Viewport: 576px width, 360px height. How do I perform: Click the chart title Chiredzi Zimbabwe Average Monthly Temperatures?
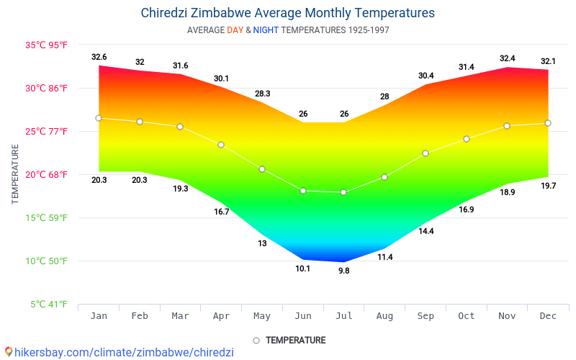pyautogui.click(x=288, y=13)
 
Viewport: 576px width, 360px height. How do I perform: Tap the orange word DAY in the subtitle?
pyautogui.click(x=235, y=30)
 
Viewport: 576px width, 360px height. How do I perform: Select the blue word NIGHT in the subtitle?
pyautogui.click(x=266, y=30)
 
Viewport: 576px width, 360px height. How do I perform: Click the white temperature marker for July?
pyautogui.click(x=343, y=192)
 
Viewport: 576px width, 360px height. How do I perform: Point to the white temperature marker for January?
pyautogui.click(x=99, y=118)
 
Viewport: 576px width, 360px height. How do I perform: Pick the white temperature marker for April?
pyautogui.click(x=221, y=145)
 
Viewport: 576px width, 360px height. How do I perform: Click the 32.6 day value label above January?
pyautogui.click(x=99, y=57)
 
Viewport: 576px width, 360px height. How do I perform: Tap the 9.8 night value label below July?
pyautogui.click(x=343, y=271)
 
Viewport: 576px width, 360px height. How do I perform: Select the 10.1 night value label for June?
pyautogui.click(x=302, y=269)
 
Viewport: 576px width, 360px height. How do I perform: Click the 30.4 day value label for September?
pyautogui.click(x=426, y=76)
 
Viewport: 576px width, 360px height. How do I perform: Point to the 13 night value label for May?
pyautogui.click(x=262, y=243)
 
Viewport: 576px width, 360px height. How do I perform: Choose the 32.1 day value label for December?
pyautogui.click(x=548, y=61)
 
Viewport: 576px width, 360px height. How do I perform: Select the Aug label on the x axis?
pyautogui.click(x=384, y=316)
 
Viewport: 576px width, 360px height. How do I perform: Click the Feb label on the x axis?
pyautogui.click(x=140, y=316)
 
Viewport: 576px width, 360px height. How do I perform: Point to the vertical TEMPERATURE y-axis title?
pyautogui.click(x=15, y=174)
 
